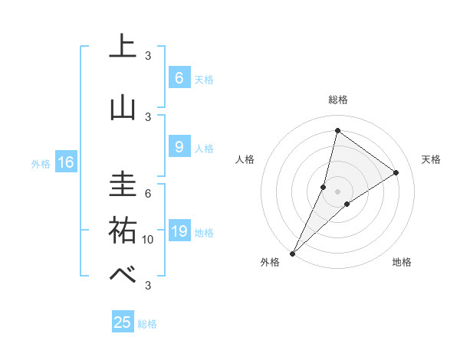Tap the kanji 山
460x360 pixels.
[123, 107]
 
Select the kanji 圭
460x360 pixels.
[123, 184]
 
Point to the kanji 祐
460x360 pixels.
[123, 229]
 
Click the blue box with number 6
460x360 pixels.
[179, 78]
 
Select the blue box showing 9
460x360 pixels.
[179, 147]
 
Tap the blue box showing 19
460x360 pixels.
[179, 231]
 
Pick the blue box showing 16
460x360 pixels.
[65, 162]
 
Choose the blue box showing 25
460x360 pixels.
[123, 322]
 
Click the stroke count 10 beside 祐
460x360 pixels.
[148, 240]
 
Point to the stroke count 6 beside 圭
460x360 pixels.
[148, 193]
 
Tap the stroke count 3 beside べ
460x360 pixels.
[148, 286]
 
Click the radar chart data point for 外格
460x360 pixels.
[292, 253]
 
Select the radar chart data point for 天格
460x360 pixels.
[396, 172]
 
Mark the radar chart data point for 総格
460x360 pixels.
[337, 130]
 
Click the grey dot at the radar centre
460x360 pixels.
[337, 191]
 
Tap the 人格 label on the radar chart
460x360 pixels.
[245, 159]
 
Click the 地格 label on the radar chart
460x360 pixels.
[402, 262]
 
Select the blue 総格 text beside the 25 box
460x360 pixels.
[147, 324]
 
